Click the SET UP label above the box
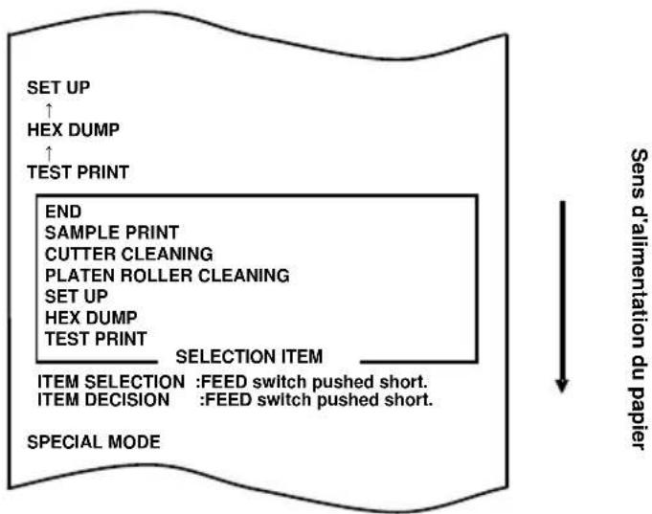click(58, 88)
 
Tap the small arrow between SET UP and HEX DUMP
click(49, 111)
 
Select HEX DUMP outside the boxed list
click(74, 130)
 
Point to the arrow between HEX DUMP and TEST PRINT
click(49, 153)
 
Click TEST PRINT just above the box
click(79, 172)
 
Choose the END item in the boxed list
click(63, 212)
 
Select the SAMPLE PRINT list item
click(112, 233)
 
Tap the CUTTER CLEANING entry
click(129, 254)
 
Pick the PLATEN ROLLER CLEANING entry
click(168, 276)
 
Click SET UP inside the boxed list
click(77, 297)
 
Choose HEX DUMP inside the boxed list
click(91, 318)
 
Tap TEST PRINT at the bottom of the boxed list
click(96, 339)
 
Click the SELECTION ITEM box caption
click(249, 357)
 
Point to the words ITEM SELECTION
click(111, 382)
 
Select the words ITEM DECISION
click(103, 400)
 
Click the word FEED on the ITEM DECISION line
click(228, 400)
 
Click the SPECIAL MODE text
click(94, 442)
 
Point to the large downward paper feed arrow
click(562, 297)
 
